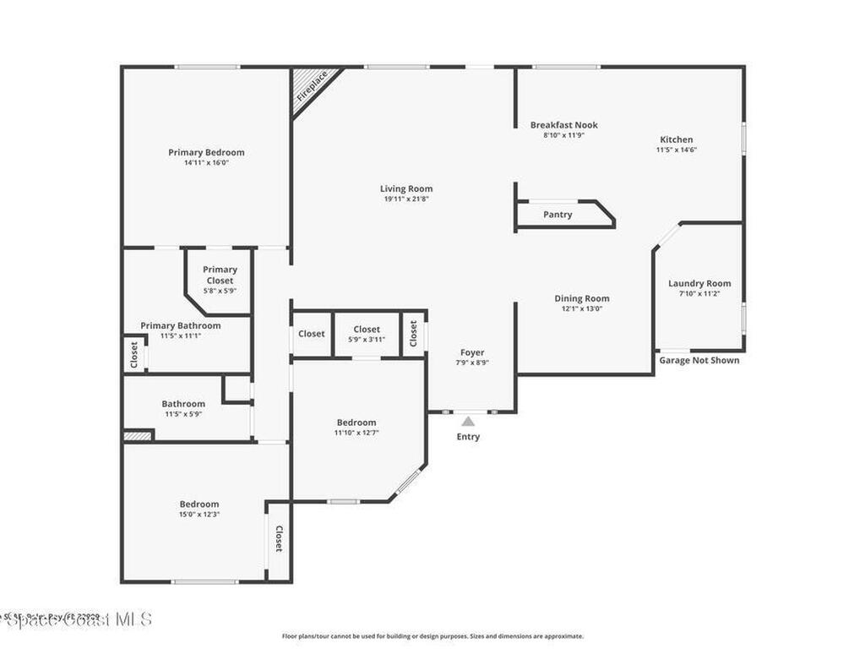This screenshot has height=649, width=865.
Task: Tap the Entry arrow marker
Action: tap(468, 421)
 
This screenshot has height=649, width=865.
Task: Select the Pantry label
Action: tap(558, 215)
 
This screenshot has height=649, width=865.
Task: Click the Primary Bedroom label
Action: tap(206, 153)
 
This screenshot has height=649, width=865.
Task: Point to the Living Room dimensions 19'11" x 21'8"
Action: tap(406, 199)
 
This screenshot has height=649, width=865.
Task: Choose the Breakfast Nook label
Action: tap(563, 125)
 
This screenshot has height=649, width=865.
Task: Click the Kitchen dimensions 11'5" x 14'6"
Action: tap(676, 150)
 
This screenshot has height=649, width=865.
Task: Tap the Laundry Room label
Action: tap(699, 284)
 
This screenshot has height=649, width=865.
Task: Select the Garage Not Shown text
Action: tap(699, 360)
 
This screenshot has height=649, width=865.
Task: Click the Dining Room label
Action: tap(581, 298)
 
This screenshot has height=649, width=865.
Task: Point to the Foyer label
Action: tap(472, 352)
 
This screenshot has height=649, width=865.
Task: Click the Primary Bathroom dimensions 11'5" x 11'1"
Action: tap(181, 335)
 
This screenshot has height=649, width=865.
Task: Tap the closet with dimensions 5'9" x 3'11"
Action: tap(367, 335)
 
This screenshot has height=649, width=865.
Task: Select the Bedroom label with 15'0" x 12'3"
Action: tap(199, 504)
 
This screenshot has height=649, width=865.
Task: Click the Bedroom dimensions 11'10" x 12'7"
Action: tap(356, 433)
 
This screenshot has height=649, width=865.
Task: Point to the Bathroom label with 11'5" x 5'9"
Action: tap(183, 404)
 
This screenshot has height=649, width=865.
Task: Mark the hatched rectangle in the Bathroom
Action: tap(137, 436)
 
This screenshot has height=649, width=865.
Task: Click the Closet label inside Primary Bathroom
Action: tap(133, 355)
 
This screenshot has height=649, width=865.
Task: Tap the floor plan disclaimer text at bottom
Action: tap(432, 636)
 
